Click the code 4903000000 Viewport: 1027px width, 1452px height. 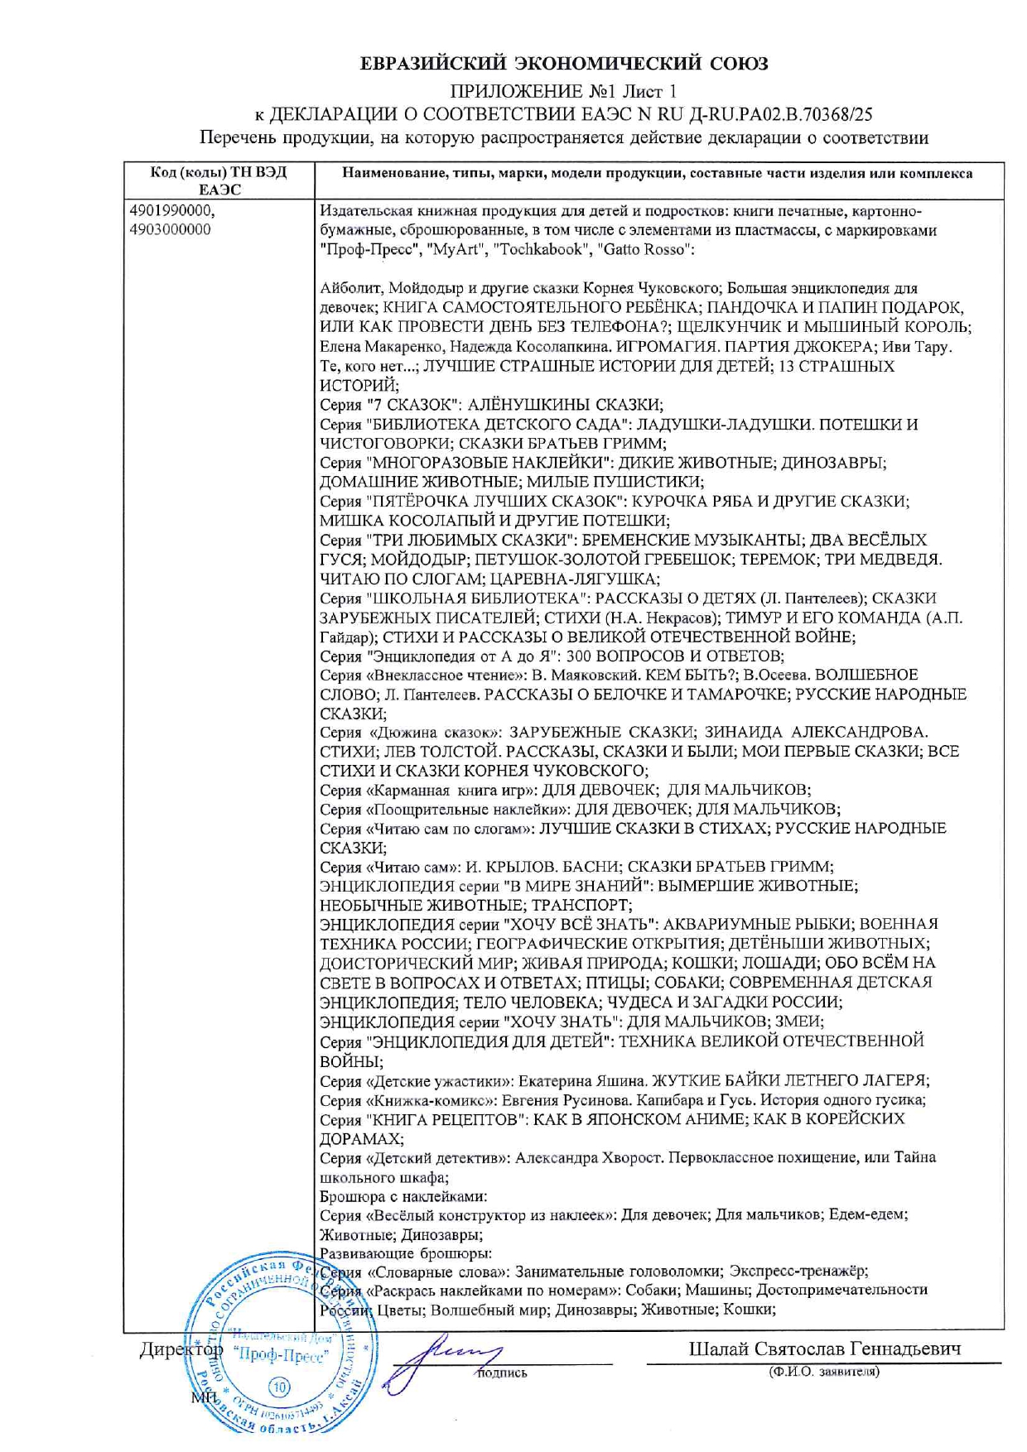click(171, 230)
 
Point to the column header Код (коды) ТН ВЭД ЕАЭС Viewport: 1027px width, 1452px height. click(219, 180)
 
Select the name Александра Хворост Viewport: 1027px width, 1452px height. click(590, 1157)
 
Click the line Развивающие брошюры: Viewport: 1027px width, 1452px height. click(406, 1253)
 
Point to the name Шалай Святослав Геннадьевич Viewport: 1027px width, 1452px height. click(824, 1349)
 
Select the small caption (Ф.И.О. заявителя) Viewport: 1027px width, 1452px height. click(824, 1372)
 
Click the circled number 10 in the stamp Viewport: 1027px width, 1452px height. click(279, 1388)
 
